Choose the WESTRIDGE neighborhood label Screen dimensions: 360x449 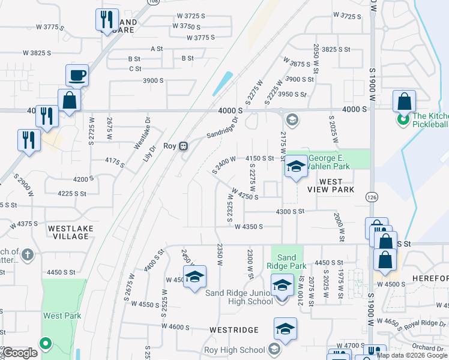[x=234, y=330]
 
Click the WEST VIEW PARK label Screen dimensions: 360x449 [x=330, y=185]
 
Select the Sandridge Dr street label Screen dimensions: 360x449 [x=223, y=127]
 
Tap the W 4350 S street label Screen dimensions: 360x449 [x=249, y=227]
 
